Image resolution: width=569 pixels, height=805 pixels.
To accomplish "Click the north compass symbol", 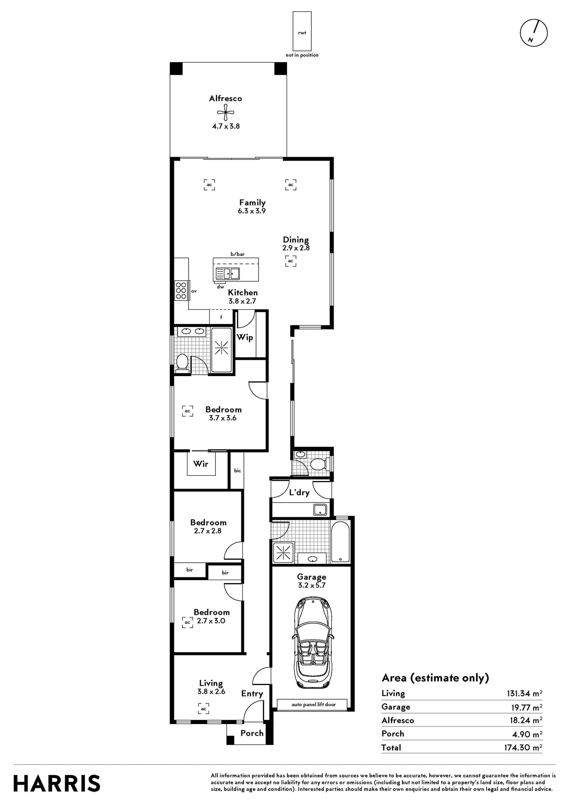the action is coord(534,33).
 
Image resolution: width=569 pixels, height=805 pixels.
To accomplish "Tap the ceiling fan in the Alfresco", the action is coord(226,113).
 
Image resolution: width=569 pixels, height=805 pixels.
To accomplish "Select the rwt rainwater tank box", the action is coord(302,31).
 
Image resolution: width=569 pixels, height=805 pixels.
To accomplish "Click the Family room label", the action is coord(252,202).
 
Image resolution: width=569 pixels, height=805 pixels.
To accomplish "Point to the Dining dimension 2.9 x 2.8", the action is coord(296,248).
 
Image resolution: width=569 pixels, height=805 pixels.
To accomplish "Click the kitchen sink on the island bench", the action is coord(228,274).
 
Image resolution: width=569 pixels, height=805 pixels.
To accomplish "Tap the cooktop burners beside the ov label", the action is coord(181,291).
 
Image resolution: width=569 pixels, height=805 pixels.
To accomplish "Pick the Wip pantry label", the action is coord(245,337).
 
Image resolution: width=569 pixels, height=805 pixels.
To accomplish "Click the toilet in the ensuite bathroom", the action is coord(182,363).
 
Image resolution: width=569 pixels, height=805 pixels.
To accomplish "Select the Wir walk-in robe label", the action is coord(201,463).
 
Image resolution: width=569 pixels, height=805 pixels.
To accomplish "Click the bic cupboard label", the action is coord(237,470).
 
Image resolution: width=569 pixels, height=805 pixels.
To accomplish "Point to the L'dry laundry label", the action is coord(300,492).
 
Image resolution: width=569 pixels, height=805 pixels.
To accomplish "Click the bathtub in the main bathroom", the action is coord(340,541).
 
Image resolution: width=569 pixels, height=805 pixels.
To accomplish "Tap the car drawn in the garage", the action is coord(313,643).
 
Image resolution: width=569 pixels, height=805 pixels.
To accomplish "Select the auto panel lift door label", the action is coord(314,705).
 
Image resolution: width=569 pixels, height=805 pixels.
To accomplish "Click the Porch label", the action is coord(252,733).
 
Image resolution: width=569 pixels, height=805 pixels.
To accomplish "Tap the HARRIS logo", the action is coord(57,783).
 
